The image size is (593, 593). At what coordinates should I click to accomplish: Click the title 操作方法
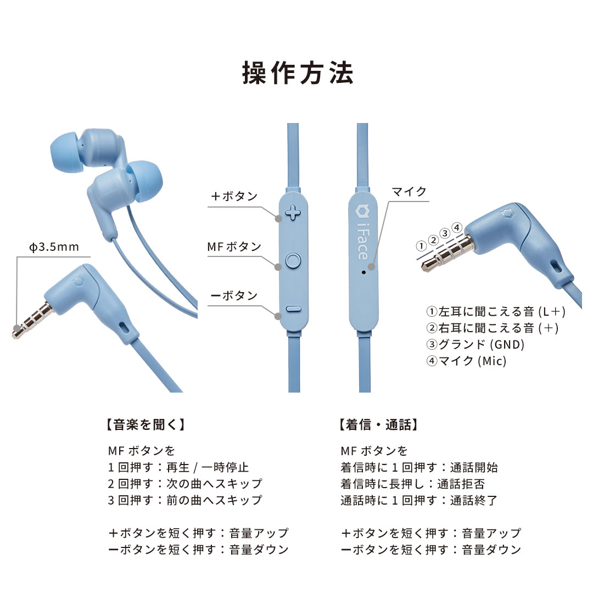298,74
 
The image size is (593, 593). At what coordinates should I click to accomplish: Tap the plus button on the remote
294,212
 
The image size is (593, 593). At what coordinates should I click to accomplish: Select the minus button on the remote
294,309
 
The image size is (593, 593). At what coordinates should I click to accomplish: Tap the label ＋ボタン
234,197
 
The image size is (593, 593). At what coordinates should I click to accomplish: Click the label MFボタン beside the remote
234,247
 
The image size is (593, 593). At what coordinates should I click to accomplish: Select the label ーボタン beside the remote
234,296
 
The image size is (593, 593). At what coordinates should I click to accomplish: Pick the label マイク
409,192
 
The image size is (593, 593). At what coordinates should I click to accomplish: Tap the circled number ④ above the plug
456,227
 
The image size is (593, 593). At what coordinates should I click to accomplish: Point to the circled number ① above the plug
421,245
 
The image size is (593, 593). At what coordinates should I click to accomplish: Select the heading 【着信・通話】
379,424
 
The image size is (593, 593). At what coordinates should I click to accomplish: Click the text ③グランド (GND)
475,345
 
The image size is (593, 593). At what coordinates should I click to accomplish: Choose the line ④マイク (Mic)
466,361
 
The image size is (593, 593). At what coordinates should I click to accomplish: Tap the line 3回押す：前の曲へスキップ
185,500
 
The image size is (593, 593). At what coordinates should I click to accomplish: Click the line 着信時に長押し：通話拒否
412,484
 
